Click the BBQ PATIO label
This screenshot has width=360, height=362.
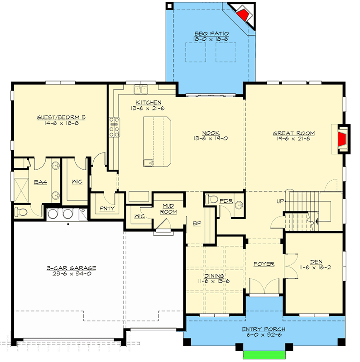[211, 33]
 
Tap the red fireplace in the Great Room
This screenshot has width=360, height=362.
[343, 138]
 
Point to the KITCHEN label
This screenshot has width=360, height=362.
[148, 102]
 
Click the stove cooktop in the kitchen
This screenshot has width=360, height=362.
[114, 127]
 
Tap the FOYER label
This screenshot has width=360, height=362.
[264, 264]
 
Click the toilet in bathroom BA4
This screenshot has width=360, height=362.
[21, 211]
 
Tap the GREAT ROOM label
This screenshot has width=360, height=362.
[293, 133]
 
